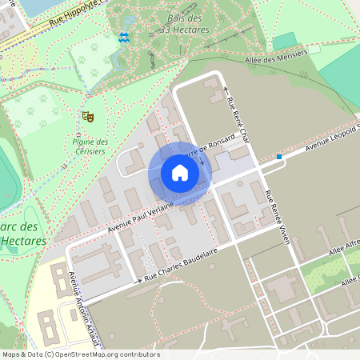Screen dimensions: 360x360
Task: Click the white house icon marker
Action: tap(179, 173)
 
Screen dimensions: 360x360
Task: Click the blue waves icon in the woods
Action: tap(123, 37)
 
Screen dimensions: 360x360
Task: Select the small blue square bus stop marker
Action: tap(279, 157)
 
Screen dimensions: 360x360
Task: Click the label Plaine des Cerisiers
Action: tap(84, 146)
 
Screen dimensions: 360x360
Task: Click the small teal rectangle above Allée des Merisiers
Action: tap(284, 41)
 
